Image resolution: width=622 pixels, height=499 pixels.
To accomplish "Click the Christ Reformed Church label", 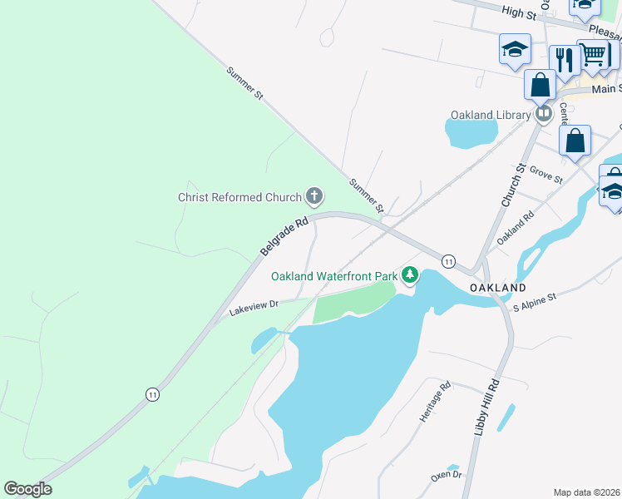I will point(239,197).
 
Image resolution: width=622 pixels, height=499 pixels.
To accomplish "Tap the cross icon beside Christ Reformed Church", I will point(314,197).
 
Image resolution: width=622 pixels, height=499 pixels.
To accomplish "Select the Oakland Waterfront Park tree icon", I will point(409,275).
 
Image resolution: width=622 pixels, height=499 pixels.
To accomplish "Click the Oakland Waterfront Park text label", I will point(335,276).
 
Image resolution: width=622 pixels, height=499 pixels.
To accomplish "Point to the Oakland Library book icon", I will point(544,112).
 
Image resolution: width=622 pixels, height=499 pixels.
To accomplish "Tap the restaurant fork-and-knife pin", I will point(565,59).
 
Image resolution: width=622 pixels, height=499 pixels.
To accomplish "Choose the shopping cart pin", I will point(593,55).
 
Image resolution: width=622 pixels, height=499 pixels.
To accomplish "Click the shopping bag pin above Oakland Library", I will point(540,84).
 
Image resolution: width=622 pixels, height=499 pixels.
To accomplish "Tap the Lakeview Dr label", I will point(254,308).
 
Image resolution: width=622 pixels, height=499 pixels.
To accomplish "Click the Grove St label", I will point(546,176).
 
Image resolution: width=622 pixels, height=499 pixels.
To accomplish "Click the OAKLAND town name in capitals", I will point(497,287).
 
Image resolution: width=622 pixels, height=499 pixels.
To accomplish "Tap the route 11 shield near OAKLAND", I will point(448,261).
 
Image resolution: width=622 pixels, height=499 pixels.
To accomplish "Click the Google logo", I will point(27,489).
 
